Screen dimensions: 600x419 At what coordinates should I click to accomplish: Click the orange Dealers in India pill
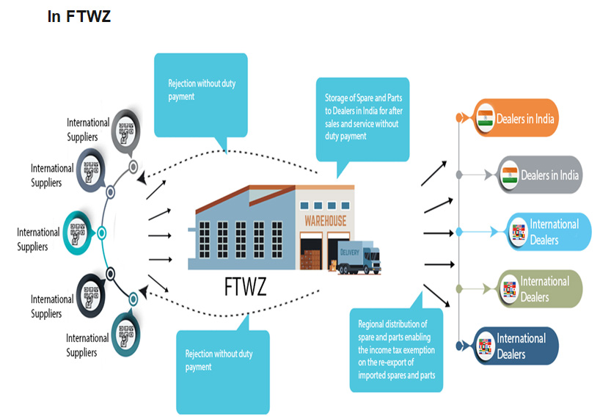click(x=516, y=118)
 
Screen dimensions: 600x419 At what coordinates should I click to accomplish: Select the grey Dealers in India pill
click(x=540, y=175)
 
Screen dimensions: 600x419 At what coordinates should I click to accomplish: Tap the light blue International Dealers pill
click(x=549, y=231)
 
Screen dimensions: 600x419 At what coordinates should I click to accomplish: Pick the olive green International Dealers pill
click(x=540, y=288)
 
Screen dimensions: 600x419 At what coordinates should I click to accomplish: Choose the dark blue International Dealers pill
click(x=516, y=346)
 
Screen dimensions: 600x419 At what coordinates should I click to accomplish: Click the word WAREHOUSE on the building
click(x=325, y=221)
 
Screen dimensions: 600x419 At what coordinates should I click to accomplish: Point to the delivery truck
click(x=359, y=257)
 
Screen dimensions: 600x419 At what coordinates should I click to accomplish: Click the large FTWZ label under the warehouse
click(x=245, y=286)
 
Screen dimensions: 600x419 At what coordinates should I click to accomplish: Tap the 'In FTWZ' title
click(x=78, y=16)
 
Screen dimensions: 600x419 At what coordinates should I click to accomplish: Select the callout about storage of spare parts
click(x=362, y=120)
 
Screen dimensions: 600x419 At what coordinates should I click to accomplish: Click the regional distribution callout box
click(x=396, y=349)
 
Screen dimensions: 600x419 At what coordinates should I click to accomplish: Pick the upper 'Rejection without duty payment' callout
click(x=201, y=95)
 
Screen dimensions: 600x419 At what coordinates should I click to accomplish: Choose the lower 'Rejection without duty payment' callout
click(x=223, y=372)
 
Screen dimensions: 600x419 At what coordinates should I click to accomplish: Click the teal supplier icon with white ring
click(x=78, y=233)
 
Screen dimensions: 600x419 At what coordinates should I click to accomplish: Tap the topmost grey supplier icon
click(x=126, y=131)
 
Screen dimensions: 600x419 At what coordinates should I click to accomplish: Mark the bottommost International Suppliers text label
click(x=87, y=345)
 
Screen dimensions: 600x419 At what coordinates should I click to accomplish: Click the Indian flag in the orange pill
click(x=485, y=118)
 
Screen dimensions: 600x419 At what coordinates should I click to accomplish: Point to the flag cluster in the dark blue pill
click(x=485, y=346)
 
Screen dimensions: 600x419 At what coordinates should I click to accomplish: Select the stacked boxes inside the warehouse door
click(x=310, y=260)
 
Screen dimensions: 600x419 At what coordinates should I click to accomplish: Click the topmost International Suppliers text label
click(x=88, y=130)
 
